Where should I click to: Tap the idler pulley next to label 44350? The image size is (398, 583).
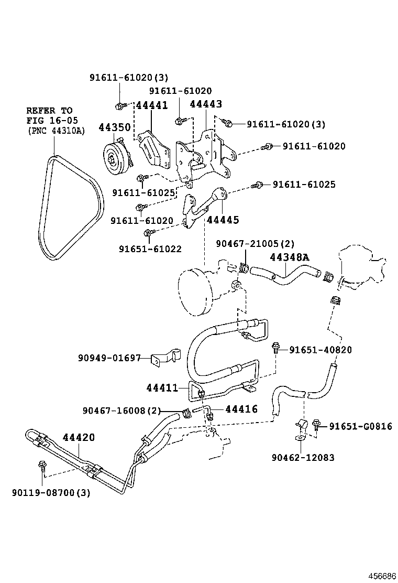pos(113,157)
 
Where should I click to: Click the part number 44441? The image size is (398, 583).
pos(152,105)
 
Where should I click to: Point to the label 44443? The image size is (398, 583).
pos(206,104)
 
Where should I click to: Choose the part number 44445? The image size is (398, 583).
pos(223,220)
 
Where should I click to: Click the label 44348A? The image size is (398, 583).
pos(290,257)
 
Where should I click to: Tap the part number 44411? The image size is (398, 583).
pos(162,387)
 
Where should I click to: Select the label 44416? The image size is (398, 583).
pos(241,409)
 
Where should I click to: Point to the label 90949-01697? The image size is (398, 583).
pos(109,358)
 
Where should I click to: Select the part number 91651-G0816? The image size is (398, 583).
pos(360,426)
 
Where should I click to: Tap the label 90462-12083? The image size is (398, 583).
pos(303,458)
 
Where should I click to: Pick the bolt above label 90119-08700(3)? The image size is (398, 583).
pos(42,465)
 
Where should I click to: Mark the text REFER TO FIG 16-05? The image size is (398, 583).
pos(49,116)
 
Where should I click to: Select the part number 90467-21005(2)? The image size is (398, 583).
pos(256,243)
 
